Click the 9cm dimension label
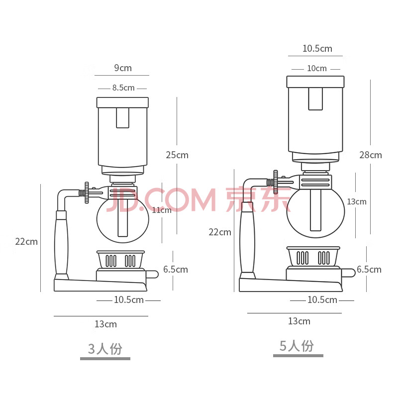coord(123,68)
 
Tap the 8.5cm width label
coord(123,88)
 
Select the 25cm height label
coord(177,155)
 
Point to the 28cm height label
coord(371,155)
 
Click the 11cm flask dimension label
coord(162,210)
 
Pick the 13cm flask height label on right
coord(357,202)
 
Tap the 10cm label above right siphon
coord(317,69)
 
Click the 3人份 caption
coord(105,349)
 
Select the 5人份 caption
coord(297,346)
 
